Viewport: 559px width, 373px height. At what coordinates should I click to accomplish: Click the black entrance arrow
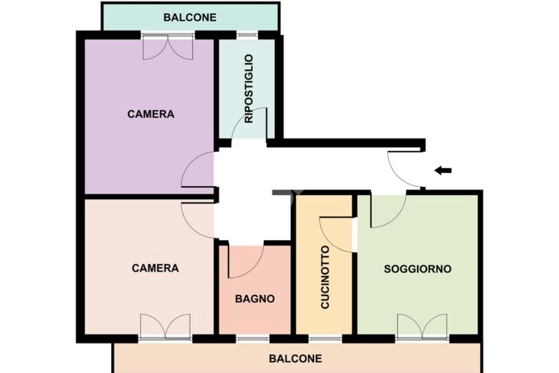[x=443, y=170]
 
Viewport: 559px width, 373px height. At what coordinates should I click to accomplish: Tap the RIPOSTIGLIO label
[x=249, y=89]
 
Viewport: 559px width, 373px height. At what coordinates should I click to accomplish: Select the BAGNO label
[x=255, y=299]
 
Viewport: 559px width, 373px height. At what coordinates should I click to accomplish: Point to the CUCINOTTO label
[x=325, y=277]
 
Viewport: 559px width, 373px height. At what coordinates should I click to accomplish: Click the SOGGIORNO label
[x=418, y=269]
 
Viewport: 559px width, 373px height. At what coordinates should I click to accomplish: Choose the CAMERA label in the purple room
[x=151, y=114]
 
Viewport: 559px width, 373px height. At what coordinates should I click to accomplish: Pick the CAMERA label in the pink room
[x=155, y=268]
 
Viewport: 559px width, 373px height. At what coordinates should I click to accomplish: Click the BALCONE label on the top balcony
[x=189, y=17]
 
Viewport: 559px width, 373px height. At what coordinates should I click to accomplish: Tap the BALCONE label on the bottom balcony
[x=295, y=358]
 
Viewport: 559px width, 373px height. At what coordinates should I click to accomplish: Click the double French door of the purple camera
[x=168, y=47]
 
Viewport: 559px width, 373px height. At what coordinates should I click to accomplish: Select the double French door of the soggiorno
[x=423, y=326]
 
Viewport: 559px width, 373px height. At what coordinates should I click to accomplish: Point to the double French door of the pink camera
[x=165, y=326]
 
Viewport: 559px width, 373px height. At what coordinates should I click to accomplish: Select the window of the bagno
[x=253, y=339]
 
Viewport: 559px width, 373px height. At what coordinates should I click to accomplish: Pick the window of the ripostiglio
[x=247, y=35]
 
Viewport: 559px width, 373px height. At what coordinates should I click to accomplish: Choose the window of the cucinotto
[x=325, y=339]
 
